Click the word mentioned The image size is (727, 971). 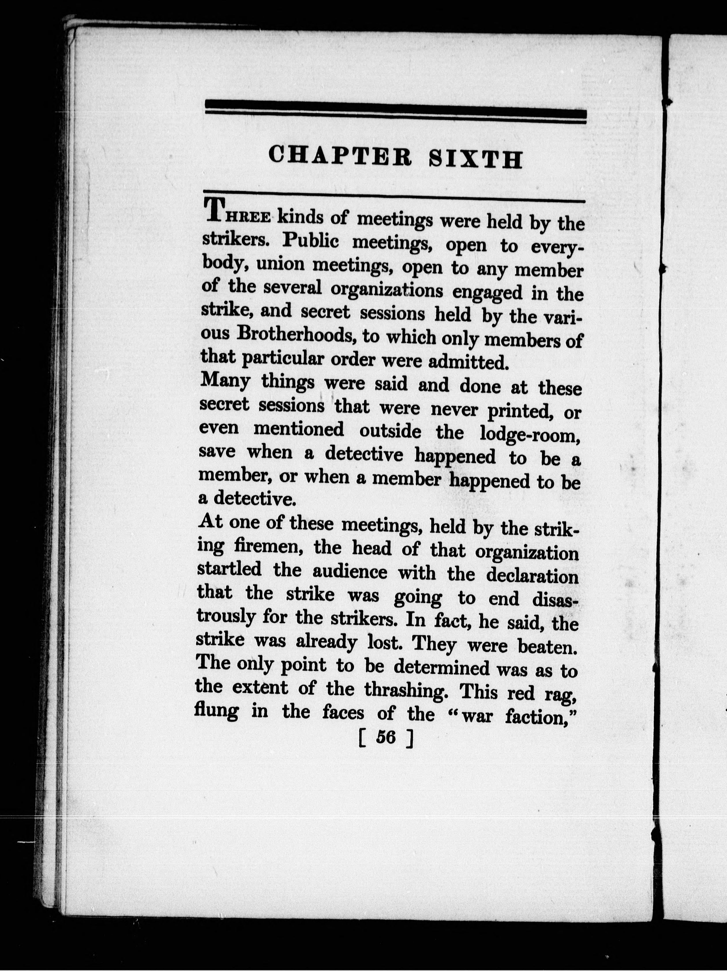(x=299, y=429)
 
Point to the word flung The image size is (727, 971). (x=216, y=712)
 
